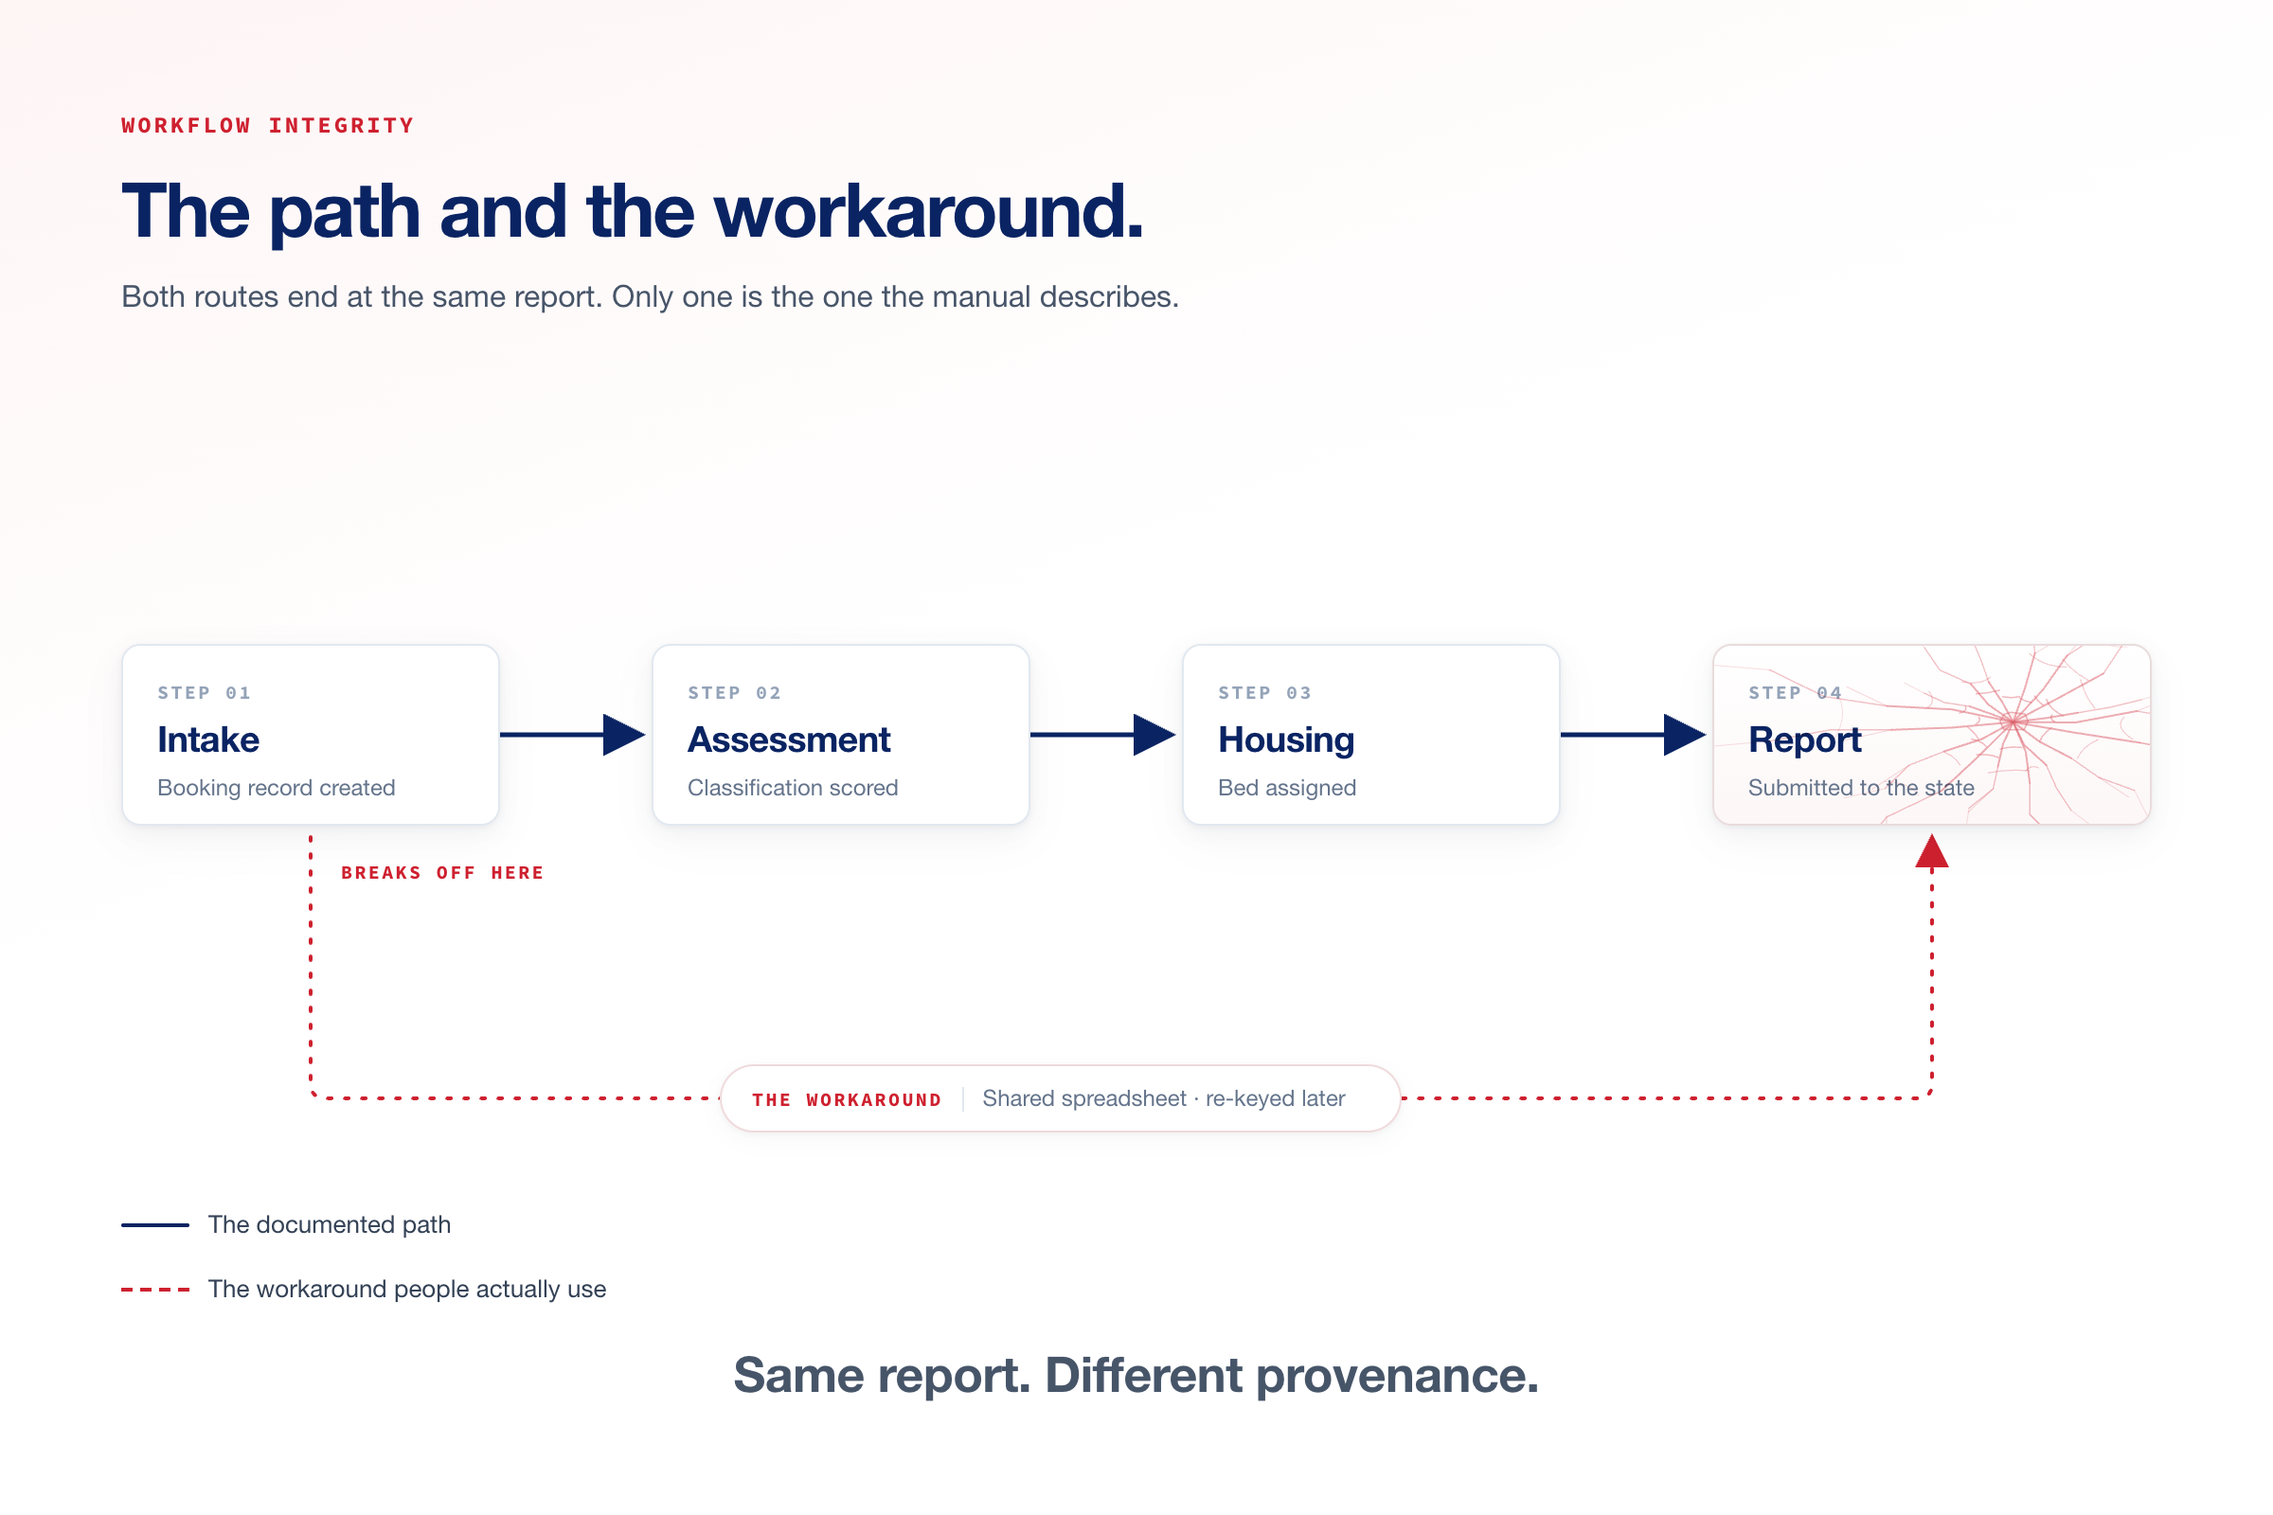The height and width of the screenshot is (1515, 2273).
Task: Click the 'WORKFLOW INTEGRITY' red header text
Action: (x=268, y=126)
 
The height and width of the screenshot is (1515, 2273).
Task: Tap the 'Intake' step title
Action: (x=208, y=740)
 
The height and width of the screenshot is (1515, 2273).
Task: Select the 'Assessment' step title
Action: (x=789, y=740)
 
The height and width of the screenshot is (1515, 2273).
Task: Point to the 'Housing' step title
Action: (x=1286, y=741)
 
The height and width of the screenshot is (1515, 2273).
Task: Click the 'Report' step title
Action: (x=1804, y=741)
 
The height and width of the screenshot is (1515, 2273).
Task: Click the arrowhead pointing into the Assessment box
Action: (x=624, y=736)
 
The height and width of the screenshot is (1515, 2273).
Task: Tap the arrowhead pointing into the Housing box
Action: (x=1154, y=736)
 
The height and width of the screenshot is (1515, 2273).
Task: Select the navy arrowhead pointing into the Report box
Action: (x=1686, y=736)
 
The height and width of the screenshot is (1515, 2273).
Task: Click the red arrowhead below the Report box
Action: (x=1932, y=851)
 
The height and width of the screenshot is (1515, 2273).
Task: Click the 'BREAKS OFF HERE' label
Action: (x=442, y=873)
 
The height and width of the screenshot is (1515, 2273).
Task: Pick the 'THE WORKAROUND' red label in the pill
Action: (x=847, y=1100)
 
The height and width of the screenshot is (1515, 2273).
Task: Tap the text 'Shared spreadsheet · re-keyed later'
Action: (x=1164, y=1098)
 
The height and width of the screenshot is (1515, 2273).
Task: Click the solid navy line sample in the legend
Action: (x=154, y=1225)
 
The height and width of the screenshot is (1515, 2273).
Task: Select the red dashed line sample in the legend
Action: (x=154, y=1290)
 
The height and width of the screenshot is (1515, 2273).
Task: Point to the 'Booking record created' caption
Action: (x=277, y=789)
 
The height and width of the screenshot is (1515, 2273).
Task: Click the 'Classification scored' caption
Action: (x=793, y=789)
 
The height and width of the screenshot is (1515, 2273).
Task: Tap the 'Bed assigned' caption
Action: (x=1287, y=789)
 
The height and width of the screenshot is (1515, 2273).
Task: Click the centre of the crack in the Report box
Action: (x=2013, y=722)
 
